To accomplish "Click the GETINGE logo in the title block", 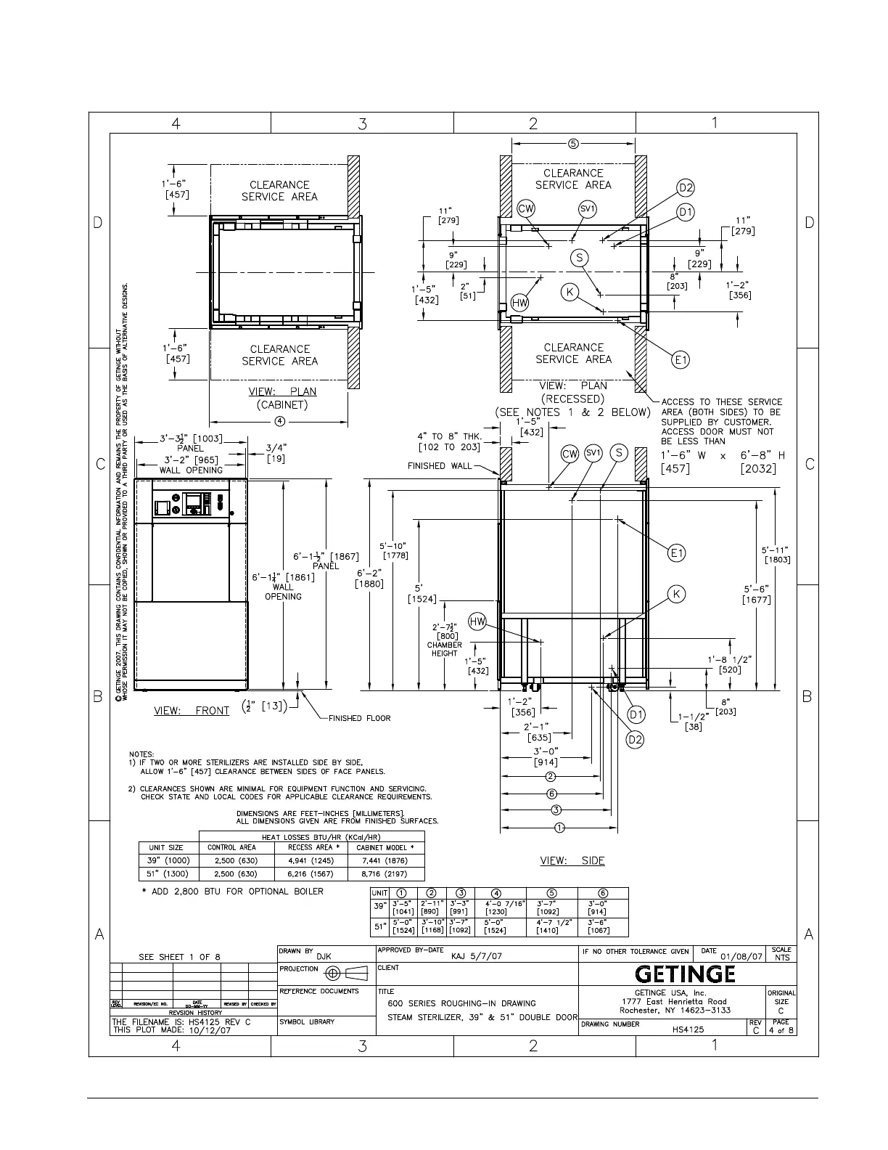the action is [x=686, y=974].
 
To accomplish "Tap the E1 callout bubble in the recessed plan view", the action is [x=681, y=359].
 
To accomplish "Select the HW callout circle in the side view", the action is [x=477, y=621].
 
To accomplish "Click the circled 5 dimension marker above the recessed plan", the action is [x=573, y=143].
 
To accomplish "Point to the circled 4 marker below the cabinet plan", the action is [x=279, y=422].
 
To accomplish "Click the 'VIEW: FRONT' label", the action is [x=192, y=711].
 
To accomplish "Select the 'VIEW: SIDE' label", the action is [x=572, y=860].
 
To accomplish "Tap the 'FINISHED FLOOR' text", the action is [x=359, y=718].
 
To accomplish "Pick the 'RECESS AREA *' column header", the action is [x=311, y=847].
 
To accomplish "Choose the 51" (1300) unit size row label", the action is [x=168, y=874].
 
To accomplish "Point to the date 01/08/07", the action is [x=741, y=957].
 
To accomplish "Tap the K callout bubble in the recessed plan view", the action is [x=570, y=292].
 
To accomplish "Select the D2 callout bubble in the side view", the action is [x=635, y=740].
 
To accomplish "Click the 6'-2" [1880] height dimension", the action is [x=369, y=578].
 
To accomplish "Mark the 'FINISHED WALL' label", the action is [x=440, y=466].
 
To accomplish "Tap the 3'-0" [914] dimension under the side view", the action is [x=546, y=757].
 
